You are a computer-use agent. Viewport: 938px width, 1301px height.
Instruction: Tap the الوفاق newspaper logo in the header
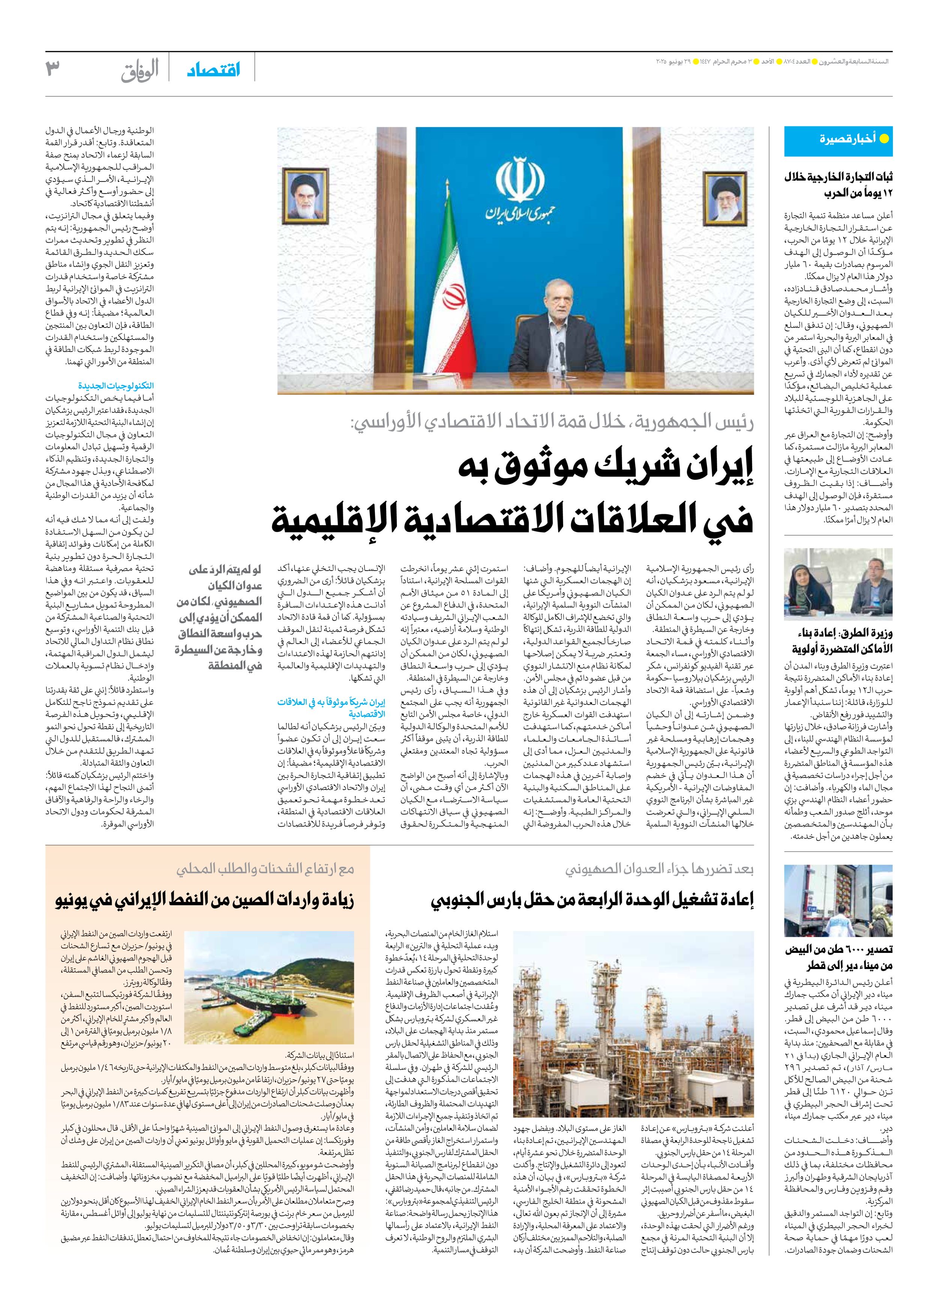(140, 71)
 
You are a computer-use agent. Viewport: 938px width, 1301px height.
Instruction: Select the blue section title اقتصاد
(213, 71)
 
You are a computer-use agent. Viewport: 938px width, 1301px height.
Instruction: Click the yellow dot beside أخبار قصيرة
(884, 138)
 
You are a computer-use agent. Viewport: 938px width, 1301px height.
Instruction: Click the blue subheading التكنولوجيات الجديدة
(116, 386)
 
